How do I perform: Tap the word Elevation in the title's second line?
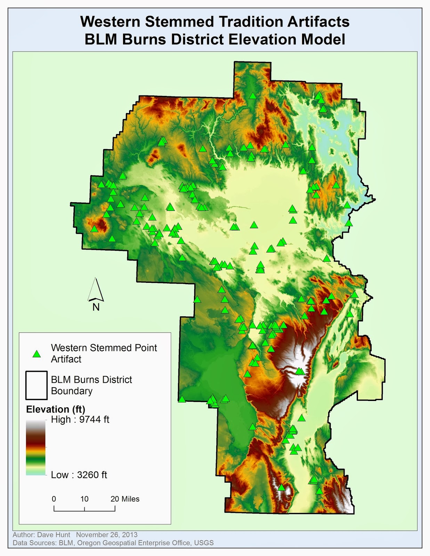pyautogui.click(x=263, y=39)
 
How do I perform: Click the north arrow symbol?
pyautogui.click(x=96, y=289)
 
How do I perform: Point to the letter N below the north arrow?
pyautogui.click(x=96, y=307)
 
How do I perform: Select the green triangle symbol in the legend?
pyautogui.click(x=36, y=354)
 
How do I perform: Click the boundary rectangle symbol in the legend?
pyautogui.click(x=36, y=385)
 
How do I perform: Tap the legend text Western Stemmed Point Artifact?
pyautogui.click(x=104, y=353)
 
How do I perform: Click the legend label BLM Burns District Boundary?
pyautogui.click(x=91, y=385)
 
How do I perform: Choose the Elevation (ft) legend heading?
pyautogui.click(x=56, y=409)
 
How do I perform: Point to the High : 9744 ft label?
pyautogui.click(x=80, y=420)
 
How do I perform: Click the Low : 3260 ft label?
pyautogui.click(x=79, y=475)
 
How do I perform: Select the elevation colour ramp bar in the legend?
pyautogui.click(x=35, y=448)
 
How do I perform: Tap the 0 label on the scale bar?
pyautogui.click(x=54, y=499)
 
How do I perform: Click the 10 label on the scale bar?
pyautogui.click(x=84, y=499)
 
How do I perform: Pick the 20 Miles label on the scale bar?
pyautogui.click(x=125, y=499)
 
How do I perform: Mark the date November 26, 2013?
pyautogui.click(x=107, y=535)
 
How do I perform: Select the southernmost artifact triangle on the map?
pyautogui.click(x=319, y=491)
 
